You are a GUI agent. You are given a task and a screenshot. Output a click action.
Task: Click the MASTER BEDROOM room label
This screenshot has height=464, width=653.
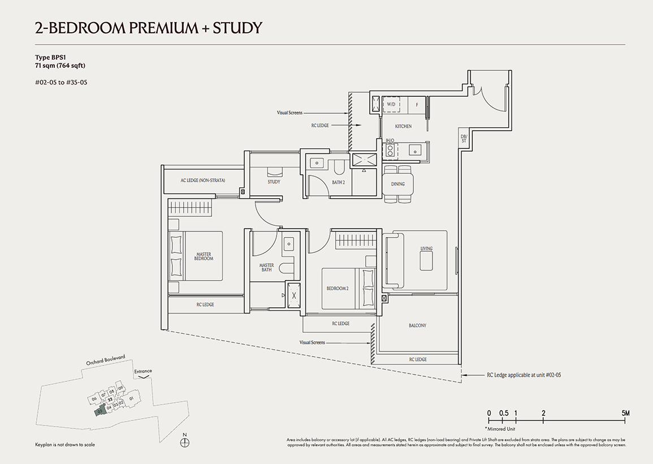pyautogui.click(x=204, y=256)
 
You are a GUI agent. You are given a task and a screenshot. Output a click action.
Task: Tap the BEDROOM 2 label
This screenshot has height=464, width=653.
pyautogui.click(x=337, y=289)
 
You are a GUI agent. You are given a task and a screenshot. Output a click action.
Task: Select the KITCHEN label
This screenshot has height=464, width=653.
pyautogui.click(x=403, y=126)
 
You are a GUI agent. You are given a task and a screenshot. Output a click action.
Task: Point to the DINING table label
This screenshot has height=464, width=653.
pyautogui.click(x=398, y=184)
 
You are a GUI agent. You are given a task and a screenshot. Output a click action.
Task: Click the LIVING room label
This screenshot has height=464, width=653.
pyautogui.click(x=426, y=248)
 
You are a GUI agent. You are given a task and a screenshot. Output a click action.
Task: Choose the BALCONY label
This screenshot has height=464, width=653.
pyautogui.click(x=417, y=325)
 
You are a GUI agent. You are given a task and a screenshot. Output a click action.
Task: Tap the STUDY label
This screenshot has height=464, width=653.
pyautogui.click(x=274, y=182)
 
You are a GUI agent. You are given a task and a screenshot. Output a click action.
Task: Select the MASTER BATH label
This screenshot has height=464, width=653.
pyautogui.click(x=266, y=267)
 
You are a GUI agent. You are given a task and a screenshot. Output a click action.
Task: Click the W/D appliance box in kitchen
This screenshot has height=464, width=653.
pyautogui.click(x=391, y=105)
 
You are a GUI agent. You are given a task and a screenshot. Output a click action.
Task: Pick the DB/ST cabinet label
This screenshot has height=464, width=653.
pyautogui.click(x=464, y=139)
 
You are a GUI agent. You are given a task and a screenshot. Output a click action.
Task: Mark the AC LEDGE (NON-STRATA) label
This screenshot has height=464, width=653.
pyautogui.click(x=202, y=181)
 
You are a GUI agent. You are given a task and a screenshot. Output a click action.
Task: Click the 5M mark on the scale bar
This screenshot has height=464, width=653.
pyautogui.click(x=625, y=413)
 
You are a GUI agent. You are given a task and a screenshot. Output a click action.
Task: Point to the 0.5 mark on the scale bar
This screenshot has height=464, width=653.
pyautogui.click(x=503, y=413)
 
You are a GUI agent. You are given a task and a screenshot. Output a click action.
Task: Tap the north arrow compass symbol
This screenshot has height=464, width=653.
pyautogui.click(x=185, y=443)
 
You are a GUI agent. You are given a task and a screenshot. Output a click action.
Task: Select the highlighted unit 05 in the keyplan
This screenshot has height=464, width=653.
pyautogui.click(x=100, y=411)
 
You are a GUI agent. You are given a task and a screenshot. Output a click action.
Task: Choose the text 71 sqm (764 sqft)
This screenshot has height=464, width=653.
pyautogui.click(x=60, y=66)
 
